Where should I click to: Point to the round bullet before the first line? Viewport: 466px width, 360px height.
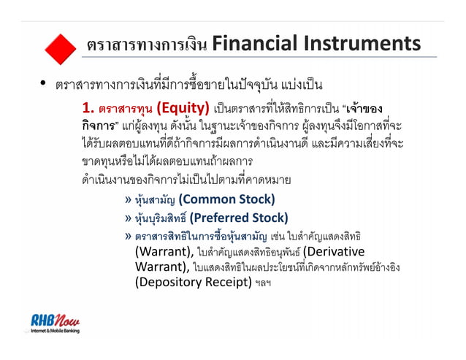pos(45,83)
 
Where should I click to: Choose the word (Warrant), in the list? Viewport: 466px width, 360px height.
pos(164,252)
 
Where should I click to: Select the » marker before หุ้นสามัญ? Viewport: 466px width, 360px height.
pos(129,199)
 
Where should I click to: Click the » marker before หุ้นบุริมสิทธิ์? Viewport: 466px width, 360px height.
pos(129,217)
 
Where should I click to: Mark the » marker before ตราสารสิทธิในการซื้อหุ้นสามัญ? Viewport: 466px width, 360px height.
pos(129,235)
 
